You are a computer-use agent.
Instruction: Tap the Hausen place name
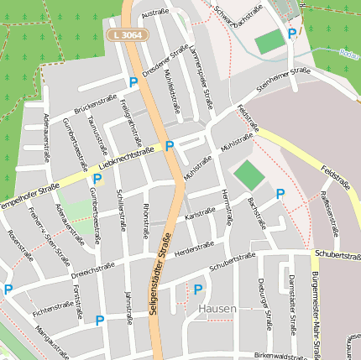click(x=217, y=309)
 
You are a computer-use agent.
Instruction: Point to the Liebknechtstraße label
click(x=126, y=157)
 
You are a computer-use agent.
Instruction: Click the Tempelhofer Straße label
click(x=29, y=196)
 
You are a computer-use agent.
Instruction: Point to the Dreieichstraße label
click(x=92, y=269)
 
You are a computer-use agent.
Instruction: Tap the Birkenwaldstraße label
click(x=281, y=356)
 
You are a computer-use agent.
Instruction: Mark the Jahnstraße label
click(x=129, y=306)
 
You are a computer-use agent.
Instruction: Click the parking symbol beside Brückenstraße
click(x=133, y=82)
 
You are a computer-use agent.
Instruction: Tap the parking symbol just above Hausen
click(x=198, y=290)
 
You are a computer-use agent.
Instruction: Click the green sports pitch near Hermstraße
click(x=248, y=175)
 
